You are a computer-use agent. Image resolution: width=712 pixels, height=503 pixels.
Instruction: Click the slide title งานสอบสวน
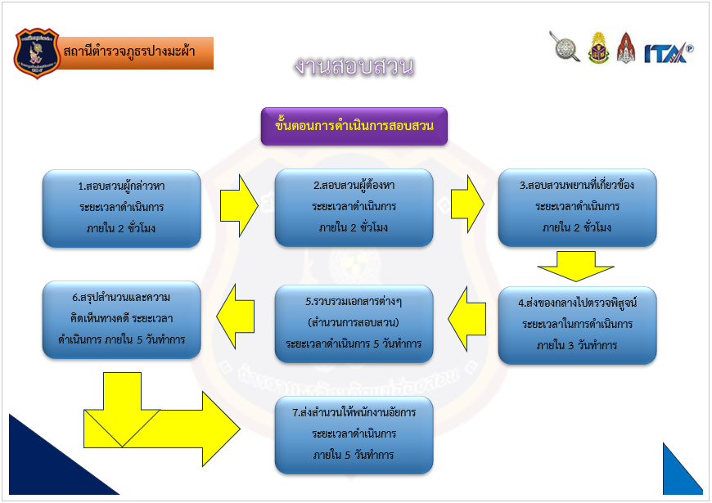354,67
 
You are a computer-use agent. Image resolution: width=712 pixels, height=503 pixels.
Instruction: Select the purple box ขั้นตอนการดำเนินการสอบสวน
354,126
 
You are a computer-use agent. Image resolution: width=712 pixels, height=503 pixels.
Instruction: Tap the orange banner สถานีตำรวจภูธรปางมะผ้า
137,52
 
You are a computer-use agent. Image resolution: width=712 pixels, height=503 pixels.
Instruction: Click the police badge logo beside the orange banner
37,53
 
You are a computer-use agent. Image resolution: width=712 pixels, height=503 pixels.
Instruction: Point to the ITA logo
668,52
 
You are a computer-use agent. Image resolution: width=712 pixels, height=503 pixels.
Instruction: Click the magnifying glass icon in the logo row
564,47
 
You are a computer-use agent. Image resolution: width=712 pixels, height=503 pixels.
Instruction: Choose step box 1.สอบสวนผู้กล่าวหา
121,208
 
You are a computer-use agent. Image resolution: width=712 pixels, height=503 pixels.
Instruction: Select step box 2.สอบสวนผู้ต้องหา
354,208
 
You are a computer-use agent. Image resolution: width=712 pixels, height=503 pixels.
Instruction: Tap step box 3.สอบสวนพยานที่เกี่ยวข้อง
577,208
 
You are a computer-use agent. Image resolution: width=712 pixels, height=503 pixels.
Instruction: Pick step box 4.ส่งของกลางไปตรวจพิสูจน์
577,325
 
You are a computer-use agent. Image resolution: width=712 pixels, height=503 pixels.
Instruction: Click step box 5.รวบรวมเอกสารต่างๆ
354,323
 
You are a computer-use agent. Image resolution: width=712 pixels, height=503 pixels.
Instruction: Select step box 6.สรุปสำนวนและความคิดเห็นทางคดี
121,320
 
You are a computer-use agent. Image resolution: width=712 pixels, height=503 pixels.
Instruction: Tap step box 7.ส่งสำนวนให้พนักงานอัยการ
354,433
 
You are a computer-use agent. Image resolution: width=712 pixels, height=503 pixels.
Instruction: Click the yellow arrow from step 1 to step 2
239,204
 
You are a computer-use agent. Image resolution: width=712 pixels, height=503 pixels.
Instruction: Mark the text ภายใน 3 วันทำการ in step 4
577,345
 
